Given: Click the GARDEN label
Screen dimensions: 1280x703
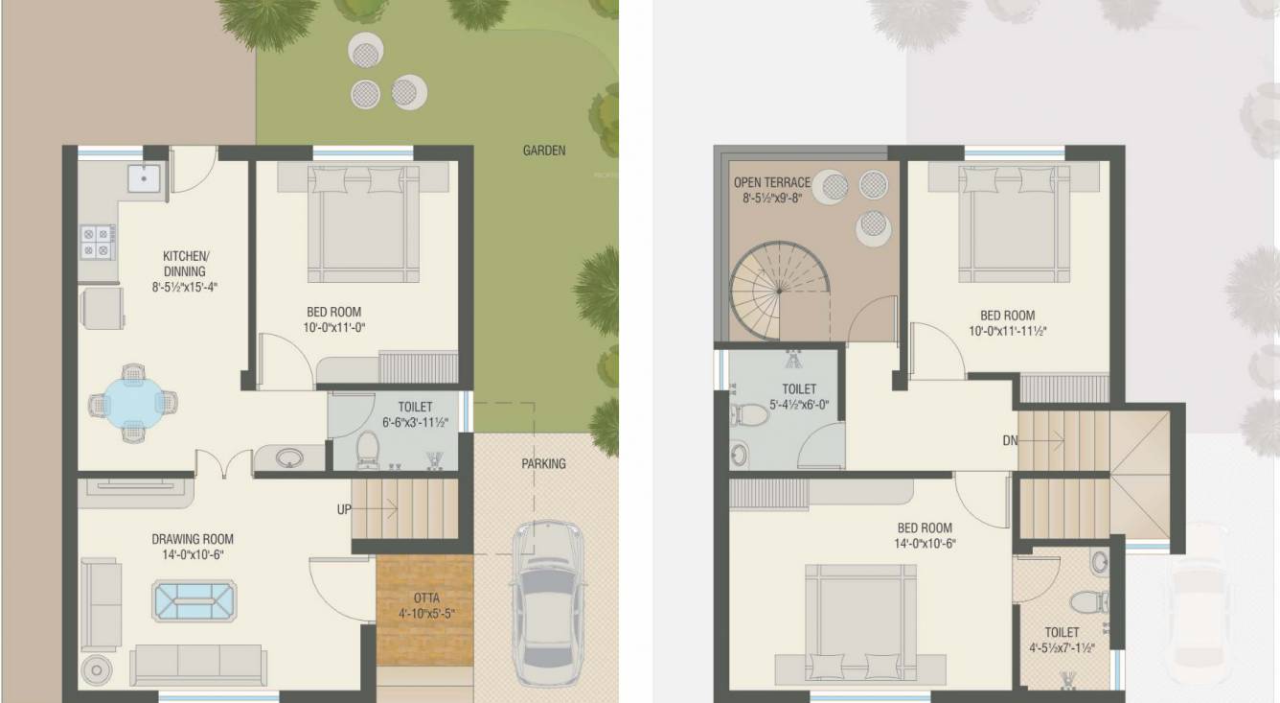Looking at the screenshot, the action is coord(544,151).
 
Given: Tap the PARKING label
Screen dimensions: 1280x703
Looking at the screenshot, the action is coord(543,463).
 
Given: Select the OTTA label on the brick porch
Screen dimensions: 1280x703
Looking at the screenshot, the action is coord(426,598).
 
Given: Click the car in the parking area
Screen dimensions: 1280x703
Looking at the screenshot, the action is coord(548,603).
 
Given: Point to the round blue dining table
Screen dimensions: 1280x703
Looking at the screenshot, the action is coord(133,403).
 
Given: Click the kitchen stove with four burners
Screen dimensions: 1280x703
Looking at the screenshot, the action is coord(96,242).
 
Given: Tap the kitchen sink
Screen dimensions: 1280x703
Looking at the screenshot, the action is coord(144,177).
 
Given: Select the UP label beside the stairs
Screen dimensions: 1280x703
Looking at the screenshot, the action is coord(344,509).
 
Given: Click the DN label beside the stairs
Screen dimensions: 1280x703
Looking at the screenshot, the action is coord(1010,440).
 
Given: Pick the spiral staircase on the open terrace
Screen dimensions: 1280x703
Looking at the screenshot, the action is coord(780,292).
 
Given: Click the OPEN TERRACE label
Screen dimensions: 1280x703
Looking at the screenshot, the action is coord(772,182).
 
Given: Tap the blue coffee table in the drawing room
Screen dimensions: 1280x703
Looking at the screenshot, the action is coord(194,600).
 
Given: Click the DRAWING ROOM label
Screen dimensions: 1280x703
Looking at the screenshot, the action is coord(193,539).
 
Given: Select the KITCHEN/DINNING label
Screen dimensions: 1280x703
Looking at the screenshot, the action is coord(186,263).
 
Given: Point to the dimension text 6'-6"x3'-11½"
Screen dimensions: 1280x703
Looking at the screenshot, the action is coord(415,423).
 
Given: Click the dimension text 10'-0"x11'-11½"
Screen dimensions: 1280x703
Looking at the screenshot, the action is coord(1008,331).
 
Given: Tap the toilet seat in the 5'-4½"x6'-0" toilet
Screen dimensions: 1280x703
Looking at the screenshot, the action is coord(749,414).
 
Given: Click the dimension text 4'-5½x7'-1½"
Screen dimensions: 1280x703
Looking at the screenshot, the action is coord(1062,648).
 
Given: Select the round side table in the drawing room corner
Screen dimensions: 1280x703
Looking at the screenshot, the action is coord(96,670).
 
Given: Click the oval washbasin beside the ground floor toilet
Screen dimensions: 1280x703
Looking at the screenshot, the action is coord(289,457).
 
